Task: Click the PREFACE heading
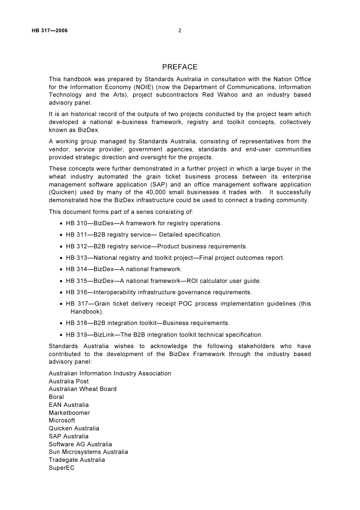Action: (x=180, y=67)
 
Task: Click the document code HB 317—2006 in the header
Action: (x=50, y=31)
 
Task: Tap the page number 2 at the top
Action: (x=180, y=31)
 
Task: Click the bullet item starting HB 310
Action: (x=144, y=223)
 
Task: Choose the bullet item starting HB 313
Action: (x=175, y=258)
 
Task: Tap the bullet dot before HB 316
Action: (x=61, y=293)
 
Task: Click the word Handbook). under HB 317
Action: (x=87, y=312)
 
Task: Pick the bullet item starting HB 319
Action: (x=164, y=335)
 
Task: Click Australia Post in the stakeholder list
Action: (x=69, y=381)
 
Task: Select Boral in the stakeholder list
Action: (x=56, y=397)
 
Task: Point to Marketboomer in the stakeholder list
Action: (x=69, y=413)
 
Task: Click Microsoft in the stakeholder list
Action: (x=62, y=421)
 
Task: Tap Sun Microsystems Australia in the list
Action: (x=88, y=452)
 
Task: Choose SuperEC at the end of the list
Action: (x=61, y=468)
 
